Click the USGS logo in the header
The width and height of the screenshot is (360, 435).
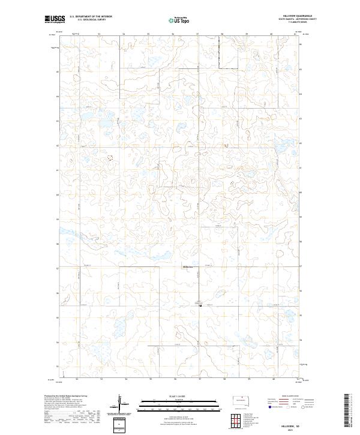55,19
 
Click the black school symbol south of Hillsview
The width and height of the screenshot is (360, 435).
200,305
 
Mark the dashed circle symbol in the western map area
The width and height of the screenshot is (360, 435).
110,158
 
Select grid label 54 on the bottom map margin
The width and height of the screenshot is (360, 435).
126,379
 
